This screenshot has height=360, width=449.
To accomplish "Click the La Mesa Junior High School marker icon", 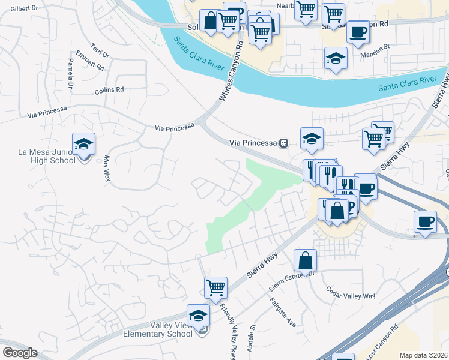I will (x=83, y=145).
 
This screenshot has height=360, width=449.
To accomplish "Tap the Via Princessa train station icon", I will (x=283, y=143).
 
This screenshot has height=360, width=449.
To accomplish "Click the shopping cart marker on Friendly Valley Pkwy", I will (x=215, y=287).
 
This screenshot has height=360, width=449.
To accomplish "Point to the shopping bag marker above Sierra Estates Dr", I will (x=305, y=261).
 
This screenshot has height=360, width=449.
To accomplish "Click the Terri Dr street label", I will (x=100, y=50).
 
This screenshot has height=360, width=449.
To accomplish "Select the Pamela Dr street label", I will (x=71, y=73).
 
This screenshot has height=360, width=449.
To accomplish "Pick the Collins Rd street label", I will (x=109, y=91).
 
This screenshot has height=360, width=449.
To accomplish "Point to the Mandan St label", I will (x=376, y=53).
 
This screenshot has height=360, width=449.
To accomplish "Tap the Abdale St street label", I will (x=253, y=335).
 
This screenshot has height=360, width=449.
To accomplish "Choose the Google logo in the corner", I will (x=19, y=352).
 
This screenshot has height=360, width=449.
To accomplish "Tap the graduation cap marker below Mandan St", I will (x=336, y=58).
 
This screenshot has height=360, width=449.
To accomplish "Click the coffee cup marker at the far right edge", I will (x=426, y=222).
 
